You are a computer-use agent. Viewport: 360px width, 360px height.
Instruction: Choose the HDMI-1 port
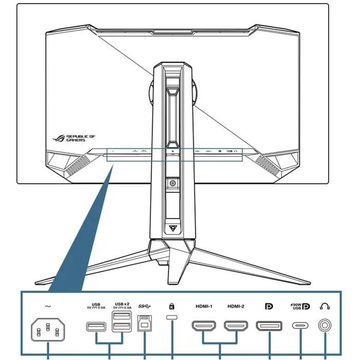(x=204, y=326)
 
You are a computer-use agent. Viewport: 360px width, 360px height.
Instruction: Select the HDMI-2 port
(x=236, y=326)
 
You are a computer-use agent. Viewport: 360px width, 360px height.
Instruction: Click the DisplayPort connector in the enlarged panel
(x=269, y=326)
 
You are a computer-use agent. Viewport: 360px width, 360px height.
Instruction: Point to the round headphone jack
(x=325, y=326)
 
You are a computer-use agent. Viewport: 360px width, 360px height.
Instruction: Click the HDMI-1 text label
(x=204, y=307)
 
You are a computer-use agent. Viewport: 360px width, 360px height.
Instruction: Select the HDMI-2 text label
(x=236, y=307)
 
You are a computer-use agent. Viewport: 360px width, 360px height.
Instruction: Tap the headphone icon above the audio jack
(x=325, y=307)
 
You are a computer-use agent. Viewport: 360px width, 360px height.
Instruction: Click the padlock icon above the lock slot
(x=172, y=307)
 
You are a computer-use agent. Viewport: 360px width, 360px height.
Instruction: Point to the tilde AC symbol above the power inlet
(x=48, y=307)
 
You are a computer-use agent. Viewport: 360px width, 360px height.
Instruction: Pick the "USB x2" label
(x=123, y=304)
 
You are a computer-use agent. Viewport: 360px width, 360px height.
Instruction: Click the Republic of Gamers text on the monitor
(x=82, y=138)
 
